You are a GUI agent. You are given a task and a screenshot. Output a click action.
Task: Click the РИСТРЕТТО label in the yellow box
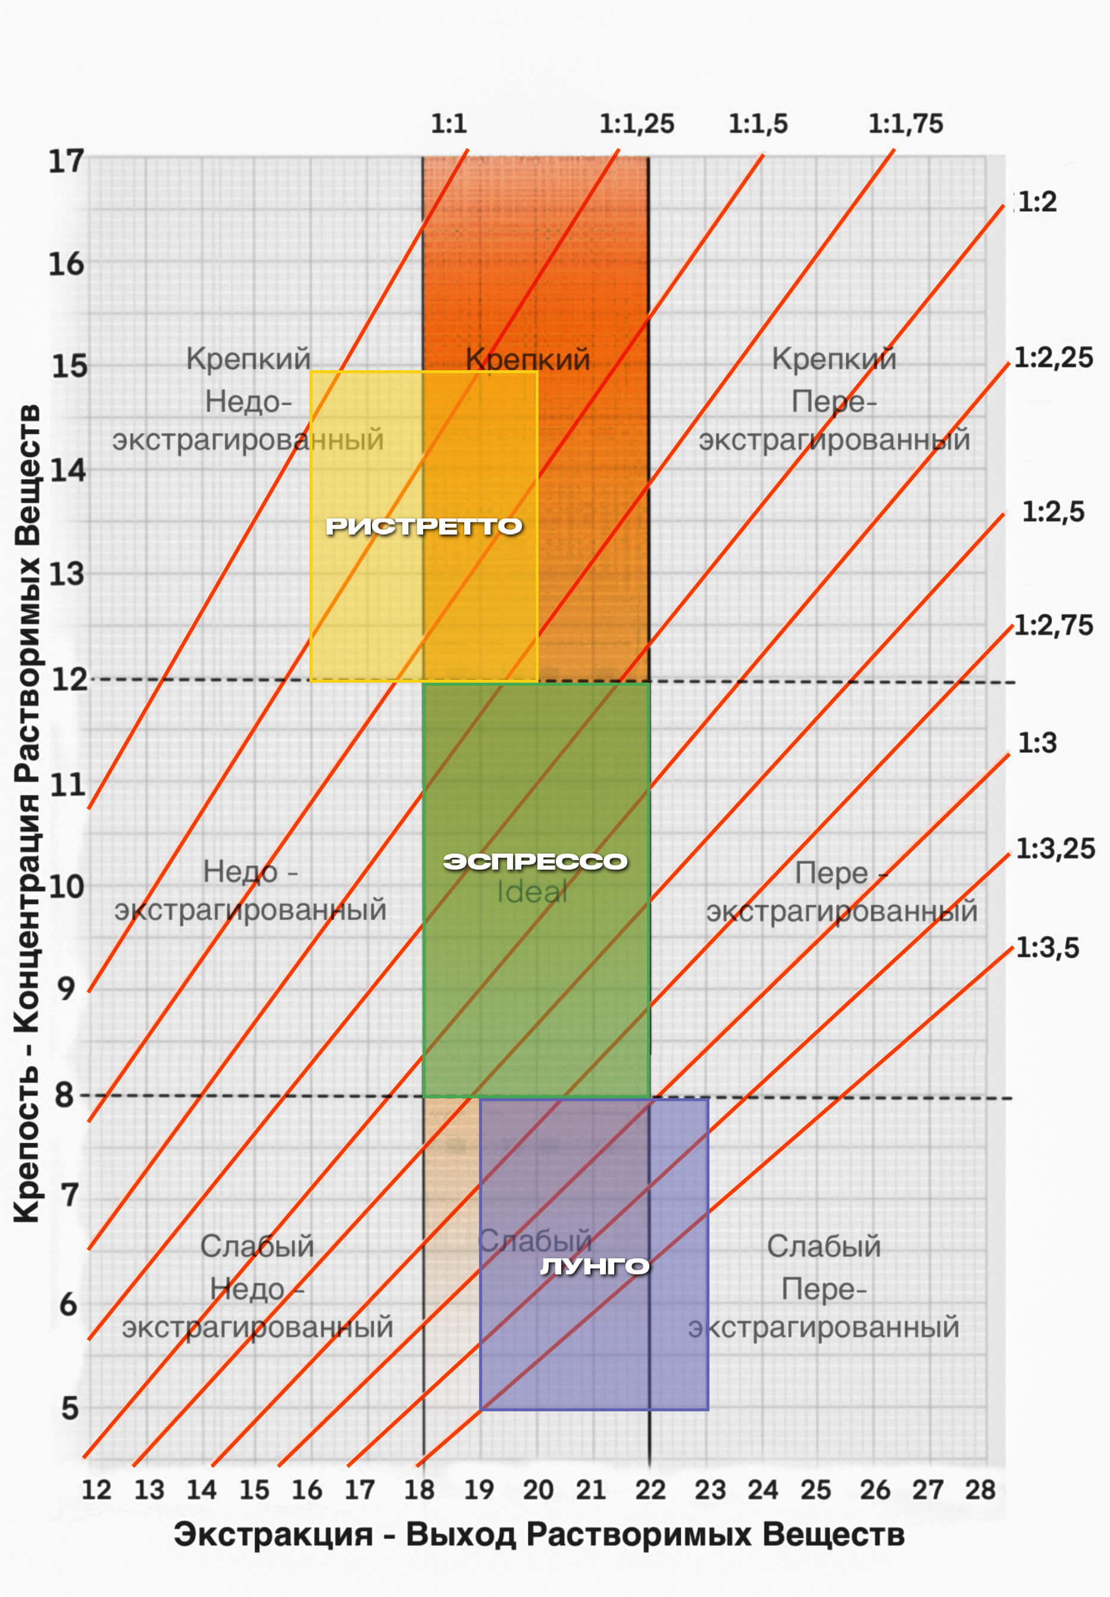424,527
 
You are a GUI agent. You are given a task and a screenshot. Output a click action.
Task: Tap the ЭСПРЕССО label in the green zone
535,862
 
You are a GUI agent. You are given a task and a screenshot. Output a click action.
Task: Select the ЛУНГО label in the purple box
595,1267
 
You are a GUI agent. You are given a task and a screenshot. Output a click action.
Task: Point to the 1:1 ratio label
449,124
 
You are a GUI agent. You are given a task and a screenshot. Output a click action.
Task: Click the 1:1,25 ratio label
636,124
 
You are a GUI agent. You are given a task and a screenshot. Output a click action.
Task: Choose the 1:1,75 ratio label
905,124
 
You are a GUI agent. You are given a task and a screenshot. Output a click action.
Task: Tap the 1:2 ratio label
1037,202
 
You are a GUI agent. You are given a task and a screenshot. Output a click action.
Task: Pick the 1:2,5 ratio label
1052,512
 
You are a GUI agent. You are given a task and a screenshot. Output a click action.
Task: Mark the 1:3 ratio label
1037,743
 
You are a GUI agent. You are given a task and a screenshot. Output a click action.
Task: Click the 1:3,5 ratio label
1048,948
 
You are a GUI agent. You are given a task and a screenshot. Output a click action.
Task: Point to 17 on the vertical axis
66,161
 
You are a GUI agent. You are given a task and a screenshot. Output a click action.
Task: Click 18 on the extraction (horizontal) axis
420,1490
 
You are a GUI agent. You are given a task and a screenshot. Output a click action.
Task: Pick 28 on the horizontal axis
980,1490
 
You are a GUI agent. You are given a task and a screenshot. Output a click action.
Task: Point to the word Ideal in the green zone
532,892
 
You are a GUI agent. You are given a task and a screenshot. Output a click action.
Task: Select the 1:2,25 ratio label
1053,358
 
